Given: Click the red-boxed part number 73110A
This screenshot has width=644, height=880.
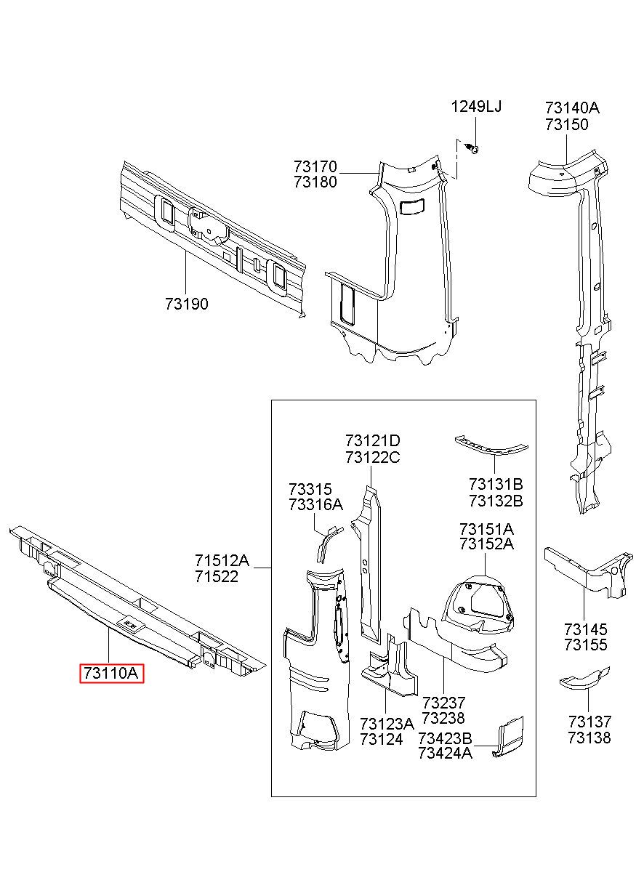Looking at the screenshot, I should coord(112,674).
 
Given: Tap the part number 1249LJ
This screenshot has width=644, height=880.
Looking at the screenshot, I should coord(476,107).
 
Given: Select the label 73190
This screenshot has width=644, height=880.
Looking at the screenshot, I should coord(186,304).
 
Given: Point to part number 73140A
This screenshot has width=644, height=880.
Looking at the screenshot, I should coord(572,108).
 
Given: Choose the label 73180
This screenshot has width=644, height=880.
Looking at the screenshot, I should coord(315,182).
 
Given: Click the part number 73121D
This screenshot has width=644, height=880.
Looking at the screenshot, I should coord(372,441).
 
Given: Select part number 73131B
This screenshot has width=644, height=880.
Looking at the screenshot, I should coord(496,484).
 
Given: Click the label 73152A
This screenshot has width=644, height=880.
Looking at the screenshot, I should coord(486,544).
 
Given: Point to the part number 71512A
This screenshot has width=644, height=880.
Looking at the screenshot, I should coord(222,560).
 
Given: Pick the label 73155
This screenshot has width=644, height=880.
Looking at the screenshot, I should coord(585,645).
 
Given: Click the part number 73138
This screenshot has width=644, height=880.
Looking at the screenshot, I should coord(589,738).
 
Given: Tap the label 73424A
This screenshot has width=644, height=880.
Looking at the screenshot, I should coord(446,754).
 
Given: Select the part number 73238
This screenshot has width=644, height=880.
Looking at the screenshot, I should coord(443,719).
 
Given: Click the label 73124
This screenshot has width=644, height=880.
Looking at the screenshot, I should coord(381,740).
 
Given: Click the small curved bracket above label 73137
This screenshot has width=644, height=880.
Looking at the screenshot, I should coord(583,680).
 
